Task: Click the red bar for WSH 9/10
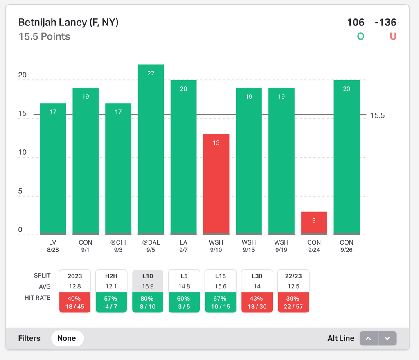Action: click(216, 184)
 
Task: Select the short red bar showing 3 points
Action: click(314, 223)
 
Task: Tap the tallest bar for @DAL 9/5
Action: click(151, 149)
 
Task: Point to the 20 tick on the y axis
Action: click(22, 75)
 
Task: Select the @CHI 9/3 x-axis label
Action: click(118, 246)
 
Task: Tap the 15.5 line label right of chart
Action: click(377, 115)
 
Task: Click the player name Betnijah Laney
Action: click(68, 22)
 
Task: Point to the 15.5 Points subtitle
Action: click(44, 36)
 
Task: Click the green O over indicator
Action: click(360, 36)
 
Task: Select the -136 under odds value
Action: click(385, 22)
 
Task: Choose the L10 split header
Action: click(148, 276)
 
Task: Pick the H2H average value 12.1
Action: click(111, 287)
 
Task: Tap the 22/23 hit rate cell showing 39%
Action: click(293, 302)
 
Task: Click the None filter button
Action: click(67, 338)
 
